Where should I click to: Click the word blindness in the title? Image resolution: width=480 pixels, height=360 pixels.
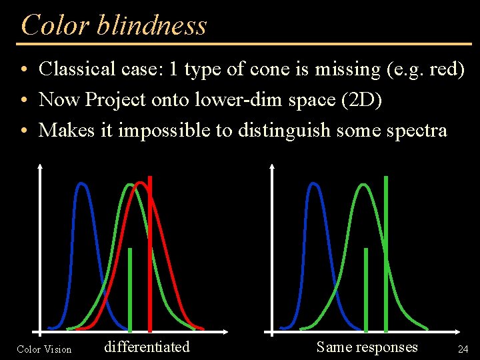tap(151, 25)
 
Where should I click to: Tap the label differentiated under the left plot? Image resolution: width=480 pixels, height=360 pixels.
tap(147, 347)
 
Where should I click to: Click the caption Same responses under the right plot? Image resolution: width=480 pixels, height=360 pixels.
tap(367, 347)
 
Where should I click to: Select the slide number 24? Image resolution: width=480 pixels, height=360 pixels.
tap(463, 349)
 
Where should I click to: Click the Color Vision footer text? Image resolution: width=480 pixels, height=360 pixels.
tap(44, 349)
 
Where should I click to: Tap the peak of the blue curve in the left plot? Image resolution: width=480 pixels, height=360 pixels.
tap(83, 185)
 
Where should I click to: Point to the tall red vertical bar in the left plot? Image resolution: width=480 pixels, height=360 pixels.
tap(150, 253)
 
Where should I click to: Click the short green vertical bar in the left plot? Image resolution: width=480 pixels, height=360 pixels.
tap(130, 290)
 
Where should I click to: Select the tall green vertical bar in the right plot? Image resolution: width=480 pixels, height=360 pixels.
tap(386, 253)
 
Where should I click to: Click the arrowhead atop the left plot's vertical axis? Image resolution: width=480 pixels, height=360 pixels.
tap(41, 167)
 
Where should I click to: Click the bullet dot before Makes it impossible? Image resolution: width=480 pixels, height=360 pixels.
tap(23, 131)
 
